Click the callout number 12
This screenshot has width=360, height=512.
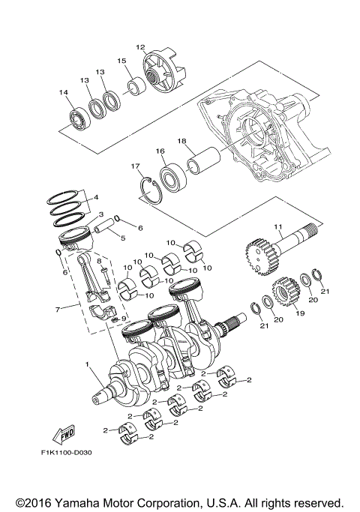point(139,47)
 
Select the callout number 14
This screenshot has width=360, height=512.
point(64,92)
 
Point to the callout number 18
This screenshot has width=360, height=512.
point(181,140)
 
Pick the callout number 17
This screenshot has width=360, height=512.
point(136,166)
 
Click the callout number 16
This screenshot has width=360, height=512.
point(160,151)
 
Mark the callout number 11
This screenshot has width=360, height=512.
point(277,226)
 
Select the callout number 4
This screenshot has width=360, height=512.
point(96,198)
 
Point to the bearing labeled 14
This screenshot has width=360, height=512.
point(77,118)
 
